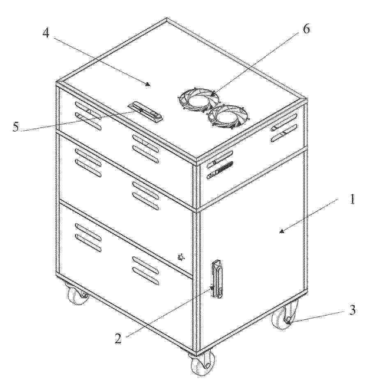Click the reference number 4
[x=46, y=32]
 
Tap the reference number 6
[x=306, y=29]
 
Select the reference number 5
[x=16, y=127]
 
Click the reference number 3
[x=352, y=310]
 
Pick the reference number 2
[x=118, y=339]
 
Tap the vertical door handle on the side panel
[x=217, y=279]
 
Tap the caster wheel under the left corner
[x=76, y=294]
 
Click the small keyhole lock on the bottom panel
[x=182, y=257]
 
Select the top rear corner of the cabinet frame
[x=167, y=18]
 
